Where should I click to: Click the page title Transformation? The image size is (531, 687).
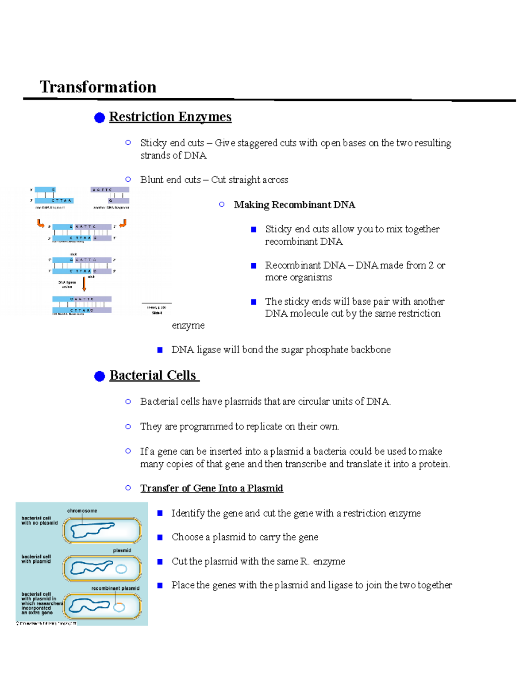(98, 87)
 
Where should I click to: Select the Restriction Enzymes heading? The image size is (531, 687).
(170, 117)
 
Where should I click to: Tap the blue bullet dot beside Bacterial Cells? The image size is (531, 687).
(100, 376)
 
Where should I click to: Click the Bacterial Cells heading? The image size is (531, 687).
(153, 375)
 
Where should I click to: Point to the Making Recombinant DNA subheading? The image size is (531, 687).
(294, 204)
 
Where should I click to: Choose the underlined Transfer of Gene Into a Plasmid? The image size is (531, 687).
(212, 488)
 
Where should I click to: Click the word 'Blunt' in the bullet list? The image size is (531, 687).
(153, 180)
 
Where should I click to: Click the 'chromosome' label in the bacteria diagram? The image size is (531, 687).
(82, 510)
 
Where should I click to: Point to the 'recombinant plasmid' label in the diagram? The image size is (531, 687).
(115, 588)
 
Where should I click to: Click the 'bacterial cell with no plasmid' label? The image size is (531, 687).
(39, 520)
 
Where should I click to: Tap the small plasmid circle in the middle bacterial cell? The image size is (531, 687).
(121, 569)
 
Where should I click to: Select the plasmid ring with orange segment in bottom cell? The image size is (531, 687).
(119, 607)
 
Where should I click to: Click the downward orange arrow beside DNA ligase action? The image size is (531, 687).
(84, 284)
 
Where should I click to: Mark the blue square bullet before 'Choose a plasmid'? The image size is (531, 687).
(160, 537)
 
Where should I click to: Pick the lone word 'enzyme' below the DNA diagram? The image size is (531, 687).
(188, 326)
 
